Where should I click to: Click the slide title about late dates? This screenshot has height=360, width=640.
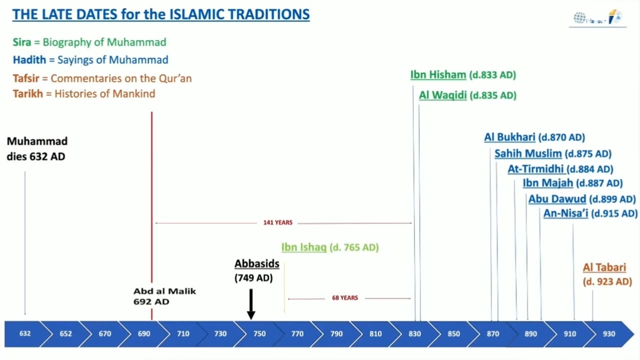point(160,14)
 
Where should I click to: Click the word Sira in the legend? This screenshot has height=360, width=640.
point(22,42)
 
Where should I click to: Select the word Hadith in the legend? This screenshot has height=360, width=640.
point(29,60)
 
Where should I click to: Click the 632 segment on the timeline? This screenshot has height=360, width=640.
point(24,334)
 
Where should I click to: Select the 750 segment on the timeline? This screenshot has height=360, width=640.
point(259,334)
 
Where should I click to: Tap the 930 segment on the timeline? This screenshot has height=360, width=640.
point(608,334)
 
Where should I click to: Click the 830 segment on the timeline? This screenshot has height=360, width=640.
point(414,334)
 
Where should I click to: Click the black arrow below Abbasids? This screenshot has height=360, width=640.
point(251,304)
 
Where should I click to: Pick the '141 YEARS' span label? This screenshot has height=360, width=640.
point(277,222)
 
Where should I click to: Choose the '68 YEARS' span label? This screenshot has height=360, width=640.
point(345,298)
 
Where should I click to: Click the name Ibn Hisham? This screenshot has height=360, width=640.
point(438,75)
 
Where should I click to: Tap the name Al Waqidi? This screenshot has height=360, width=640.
point(442,95)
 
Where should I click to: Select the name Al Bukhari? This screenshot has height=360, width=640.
point(509,137)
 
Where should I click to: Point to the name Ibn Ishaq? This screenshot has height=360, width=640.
point(303,247)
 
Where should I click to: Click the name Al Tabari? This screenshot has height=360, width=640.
point(604,267)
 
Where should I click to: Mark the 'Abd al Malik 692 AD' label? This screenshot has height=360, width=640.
point(164,296)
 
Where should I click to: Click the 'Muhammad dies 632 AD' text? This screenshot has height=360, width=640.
point(37,149)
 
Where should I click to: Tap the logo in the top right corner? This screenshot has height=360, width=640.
point(597,18)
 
